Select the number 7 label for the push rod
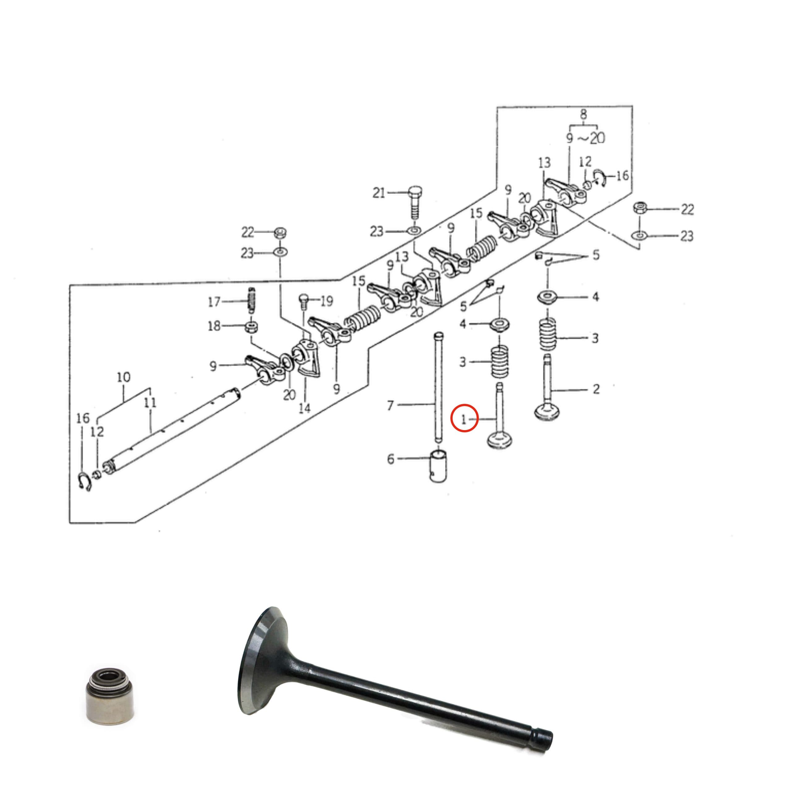tap(390, 405)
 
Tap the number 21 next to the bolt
tap(379, 192)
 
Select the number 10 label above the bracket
tap(124, 377)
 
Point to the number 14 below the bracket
tap(305, 408)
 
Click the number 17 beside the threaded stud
tap(214, 302)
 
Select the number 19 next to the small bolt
tap(326, 301)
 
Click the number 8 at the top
tap(583, 114)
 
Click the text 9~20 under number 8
tap(586, 138)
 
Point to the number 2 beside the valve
tap(596, 388)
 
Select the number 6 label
tap(391, 459)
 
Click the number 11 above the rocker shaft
tap(150, 403)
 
